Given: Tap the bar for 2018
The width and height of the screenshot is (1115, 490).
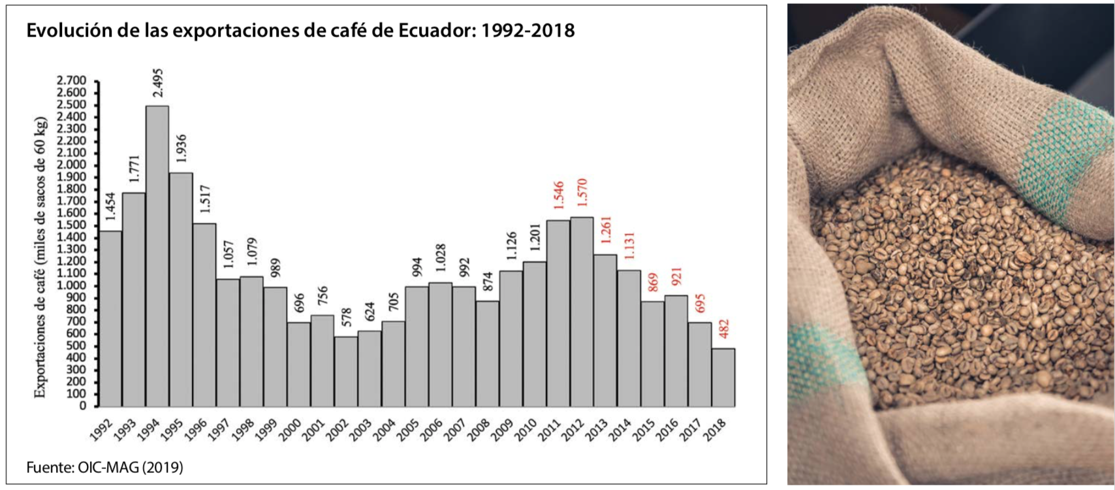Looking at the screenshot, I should pyautogui.click(x=723, y=377).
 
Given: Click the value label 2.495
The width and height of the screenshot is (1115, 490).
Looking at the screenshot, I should pyautogui.click(x=157, y=83).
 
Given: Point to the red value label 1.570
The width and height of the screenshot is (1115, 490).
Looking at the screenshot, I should pyautogui.click(x=582, y=193).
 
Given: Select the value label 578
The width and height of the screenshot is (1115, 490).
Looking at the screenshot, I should pyautogui.click(x=346, y=318).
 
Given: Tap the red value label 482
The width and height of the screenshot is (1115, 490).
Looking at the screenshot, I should pyautogui.click(x=723, y=329).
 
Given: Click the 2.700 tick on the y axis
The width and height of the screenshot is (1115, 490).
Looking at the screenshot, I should pyautogui.click(x=72, y=80).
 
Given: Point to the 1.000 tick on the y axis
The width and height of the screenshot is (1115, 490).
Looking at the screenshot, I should pyautogui.click(x=72, y=286).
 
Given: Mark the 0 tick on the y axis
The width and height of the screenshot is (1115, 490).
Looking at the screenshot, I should pyautogui.click(x=83, y=406).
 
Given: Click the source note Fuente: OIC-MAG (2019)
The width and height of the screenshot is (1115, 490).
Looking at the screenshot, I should pyautogui.click(x=104, y=467).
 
